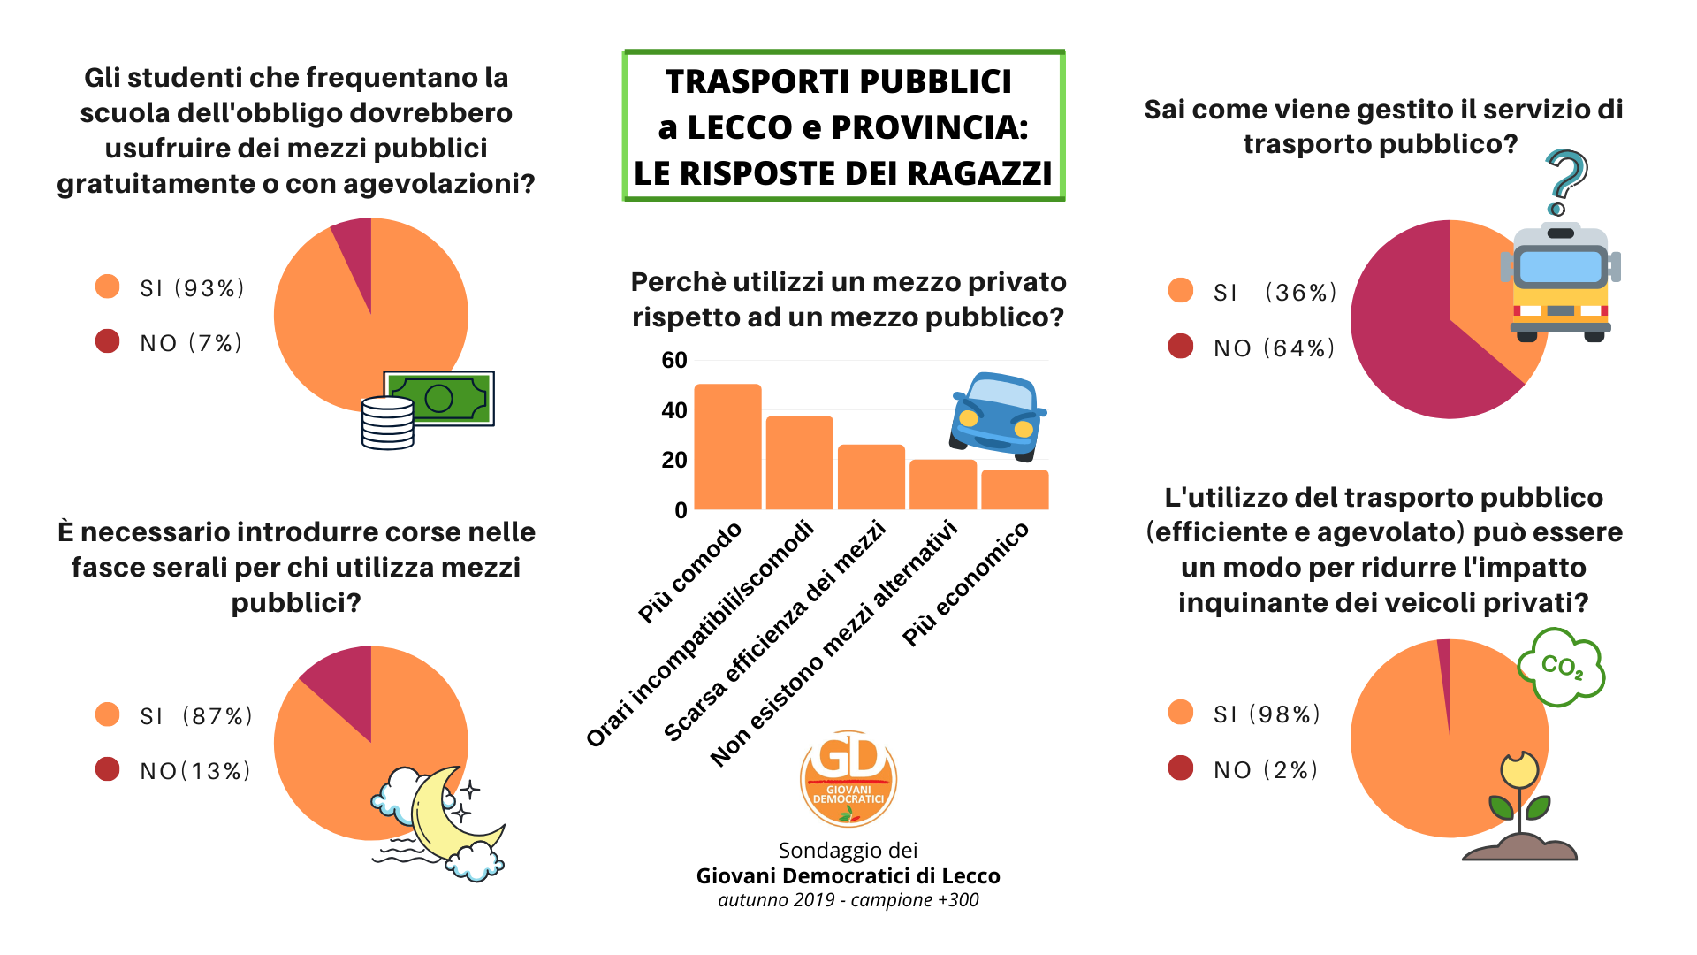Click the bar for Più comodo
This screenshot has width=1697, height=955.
coord(727,447)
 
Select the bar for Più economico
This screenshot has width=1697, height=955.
coord(1015,490)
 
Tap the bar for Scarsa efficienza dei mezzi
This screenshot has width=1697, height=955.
coord(871,477)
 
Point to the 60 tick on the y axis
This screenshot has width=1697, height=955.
coord(674,361)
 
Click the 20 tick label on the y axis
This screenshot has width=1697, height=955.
coord(674,461)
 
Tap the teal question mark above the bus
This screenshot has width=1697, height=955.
coord(1566,180)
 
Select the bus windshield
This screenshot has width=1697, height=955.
coord(1560,266)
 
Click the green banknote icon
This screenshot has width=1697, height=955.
coord(440,398)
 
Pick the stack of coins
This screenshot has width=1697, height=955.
coord(388,423)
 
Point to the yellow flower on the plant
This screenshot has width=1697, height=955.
coord(1519,770)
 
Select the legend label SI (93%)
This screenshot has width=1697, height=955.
coord(192,289)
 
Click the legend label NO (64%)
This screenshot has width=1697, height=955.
coord(1274,348)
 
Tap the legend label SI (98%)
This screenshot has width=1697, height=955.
coord(1267,714)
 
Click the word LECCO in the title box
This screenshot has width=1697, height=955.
coord(740,127)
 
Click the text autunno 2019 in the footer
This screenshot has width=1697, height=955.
coord(776,900)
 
